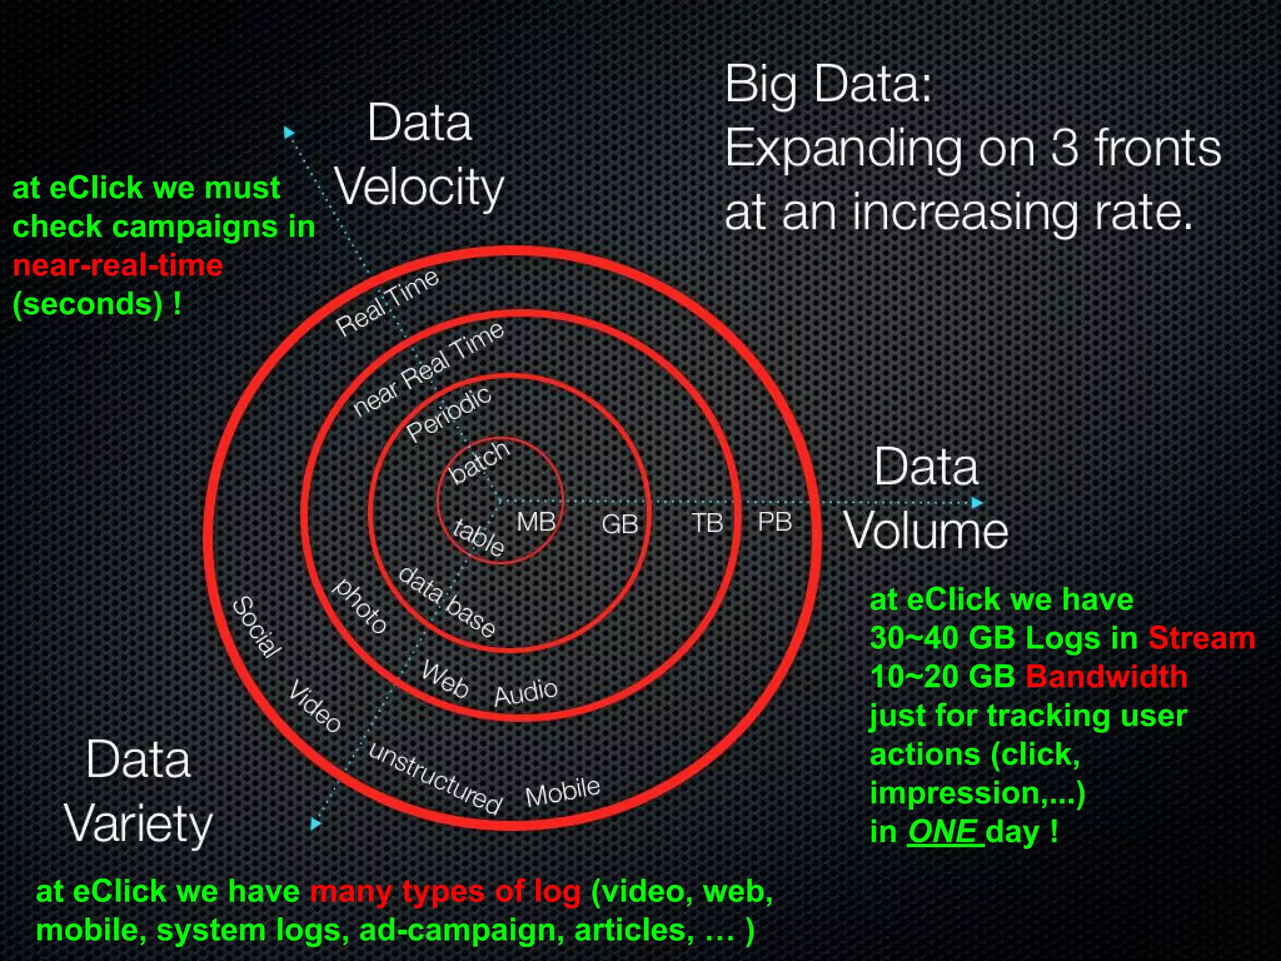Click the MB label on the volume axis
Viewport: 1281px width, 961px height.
click(536, 521)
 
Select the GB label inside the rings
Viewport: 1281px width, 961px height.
click(619, 524)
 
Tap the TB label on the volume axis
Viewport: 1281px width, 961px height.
click(707, 523)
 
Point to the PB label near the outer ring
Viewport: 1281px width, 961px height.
click(774, 521)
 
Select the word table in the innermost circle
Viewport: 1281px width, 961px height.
click(479, 537)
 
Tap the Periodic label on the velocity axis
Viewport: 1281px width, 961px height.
click(448, 414)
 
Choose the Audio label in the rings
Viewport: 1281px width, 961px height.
click(525, 692)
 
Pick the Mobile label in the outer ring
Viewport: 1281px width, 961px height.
click(562, 793)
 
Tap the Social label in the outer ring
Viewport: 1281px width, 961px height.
click(256, 628)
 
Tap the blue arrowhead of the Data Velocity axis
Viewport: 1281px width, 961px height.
click(289, 133)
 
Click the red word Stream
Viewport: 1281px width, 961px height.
click(1201, 638)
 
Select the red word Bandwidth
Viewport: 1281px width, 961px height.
click(1106, 676)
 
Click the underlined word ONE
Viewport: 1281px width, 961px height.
click(942, 831)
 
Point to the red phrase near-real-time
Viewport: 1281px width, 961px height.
click(118, 265)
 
